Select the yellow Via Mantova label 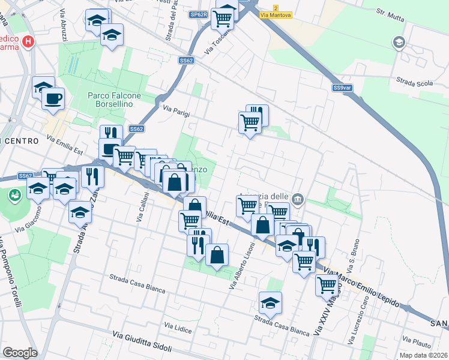coord(276,14)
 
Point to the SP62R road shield coord(198,14)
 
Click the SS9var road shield coord(342,88)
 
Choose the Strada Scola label coord(415,82)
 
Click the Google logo coord(20,352)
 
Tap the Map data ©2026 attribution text coord(424,355)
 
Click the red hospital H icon coord(27,41)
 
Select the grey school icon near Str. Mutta coord(398,43)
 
